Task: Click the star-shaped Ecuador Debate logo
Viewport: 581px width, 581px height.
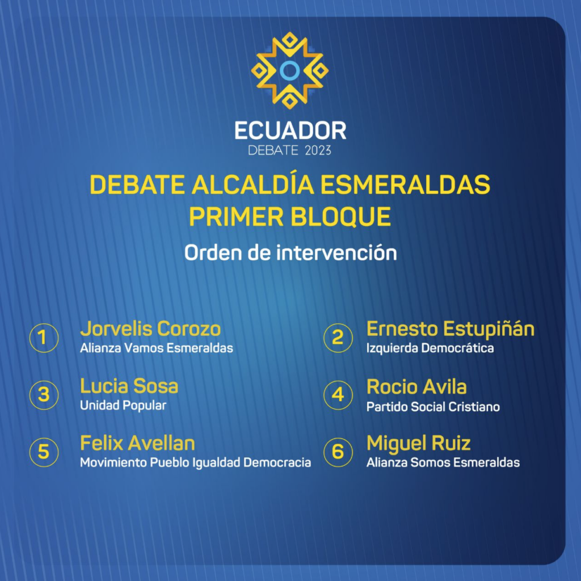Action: (x=290, y=70)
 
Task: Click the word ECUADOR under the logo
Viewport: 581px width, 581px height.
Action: (x=290, y=131)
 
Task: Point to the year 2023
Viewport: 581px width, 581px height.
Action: (x=318, y=150)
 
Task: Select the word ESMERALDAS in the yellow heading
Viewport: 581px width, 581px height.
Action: (x=405, y=184)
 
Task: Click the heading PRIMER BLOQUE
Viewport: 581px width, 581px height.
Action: (x=290, y=217)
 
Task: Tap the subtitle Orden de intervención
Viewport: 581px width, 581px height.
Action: (x=290, y=253)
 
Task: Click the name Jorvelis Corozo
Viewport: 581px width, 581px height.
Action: (x=150, y=329)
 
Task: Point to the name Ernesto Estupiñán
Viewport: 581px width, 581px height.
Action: (x=451, y=329)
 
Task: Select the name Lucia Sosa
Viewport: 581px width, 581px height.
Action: (x=129, y=386)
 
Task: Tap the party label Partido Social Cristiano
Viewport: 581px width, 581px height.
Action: (x=433, y=407)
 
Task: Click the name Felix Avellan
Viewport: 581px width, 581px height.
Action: (x=137, y=443)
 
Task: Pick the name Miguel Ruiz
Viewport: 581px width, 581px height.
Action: (x=419, y=444)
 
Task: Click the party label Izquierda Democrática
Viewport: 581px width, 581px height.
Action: (x=430, y=348)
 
